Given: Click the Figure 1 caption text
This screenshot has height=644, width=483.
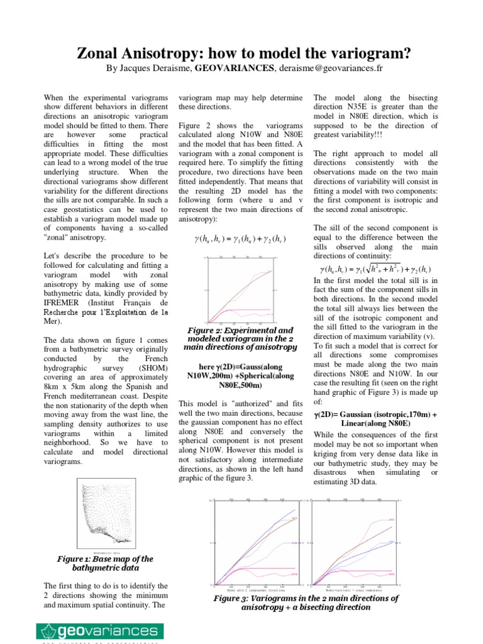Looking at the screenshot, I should click(104, 563).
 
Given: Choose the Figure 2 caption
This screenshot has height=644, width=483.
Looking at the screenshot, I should click(240, 338).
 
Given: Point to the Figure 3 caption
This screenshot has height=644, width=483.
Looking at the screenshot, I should click(306, 603).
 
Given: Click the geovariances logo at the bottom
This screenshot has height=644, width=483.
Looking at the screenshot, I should click(101, 631).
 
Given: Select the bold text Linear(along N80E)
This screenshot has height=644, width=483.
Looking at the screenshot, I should click(376, 424).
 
